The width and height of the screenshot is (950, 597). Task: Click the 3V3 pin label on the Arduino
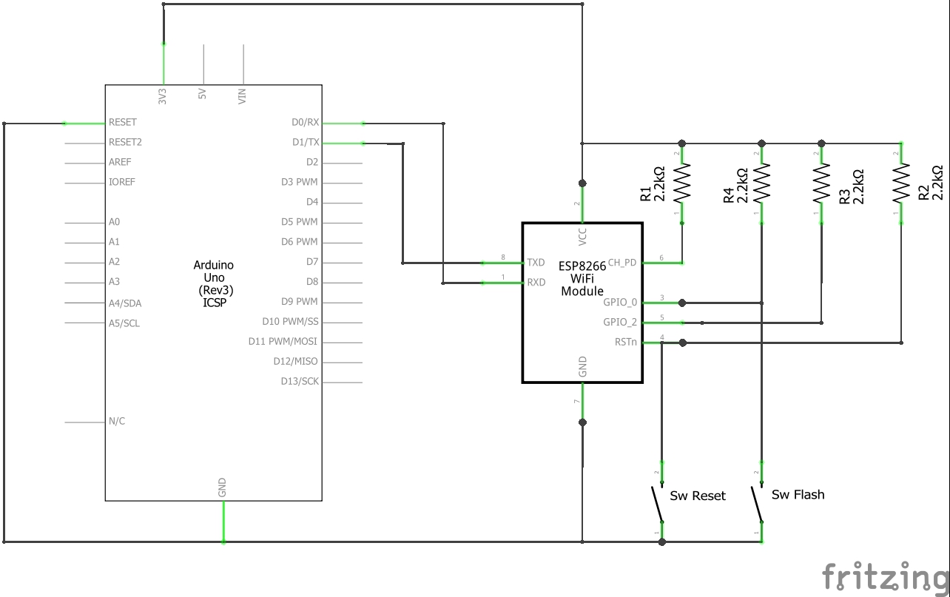click(163, 95)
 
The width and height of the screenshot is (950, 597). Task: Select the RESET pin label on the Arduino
click(123, 122)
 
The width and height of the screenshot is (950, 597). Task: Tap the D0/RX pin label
click(305, 122)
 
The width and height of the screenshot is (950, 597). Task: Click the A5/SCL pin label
click(124, 323)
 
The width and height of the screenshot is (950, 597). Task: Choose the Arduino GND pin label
click(222, 487)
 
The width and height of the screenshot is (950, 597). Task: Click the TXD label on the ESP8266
click(536, 263)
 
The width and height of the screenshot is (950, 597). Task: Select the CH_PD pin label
click(621, 263)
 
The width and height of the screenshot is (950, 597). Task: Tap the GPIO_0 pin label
click(620, 302)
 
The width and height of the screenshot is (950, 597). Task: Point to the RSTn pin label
click(625, 342)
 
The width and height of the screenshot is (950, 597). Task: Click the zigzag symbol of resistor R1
click(682, 183)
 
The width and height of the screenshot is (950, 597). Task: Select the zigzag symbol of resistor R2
click(901, 183)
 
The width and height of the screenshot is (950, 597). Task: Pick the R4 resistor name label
click(729, 195)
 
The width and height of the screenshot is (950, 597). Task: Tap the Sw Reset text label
click(697, 496)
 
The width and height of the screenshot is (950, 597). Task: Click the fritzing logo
click(885, 576)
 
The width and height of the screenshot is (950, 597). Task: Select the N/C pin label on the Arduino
click(117, 421)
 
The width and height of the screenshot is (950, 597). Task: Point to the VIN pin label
click(242, 95)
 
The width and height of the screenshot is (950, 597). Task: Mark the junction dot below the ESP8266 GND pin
click(583, 422)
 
